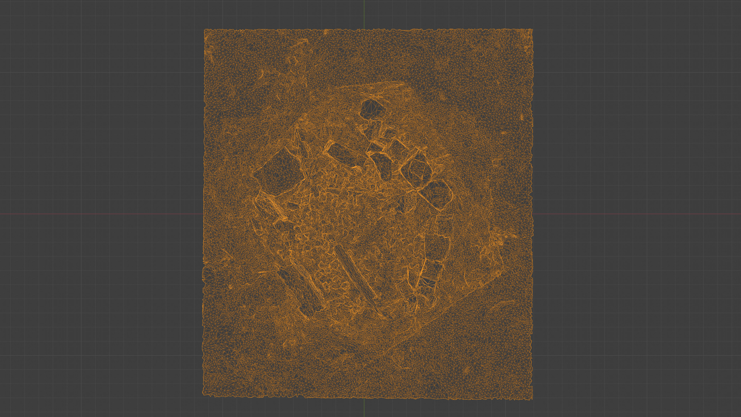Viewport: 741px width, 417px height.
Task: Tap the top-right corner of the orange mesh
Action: coord(532,29)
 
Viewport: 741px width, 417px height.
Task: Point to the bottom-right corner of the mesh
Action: coord(532,399)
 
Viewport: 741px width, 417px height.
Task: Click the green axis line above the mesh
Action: coord(364,14)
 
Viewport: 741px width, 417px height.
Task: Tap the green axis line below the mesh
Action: coord(364,409)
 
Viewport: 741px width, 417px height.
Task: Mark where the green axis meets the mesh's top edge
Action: coord(364,29)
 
